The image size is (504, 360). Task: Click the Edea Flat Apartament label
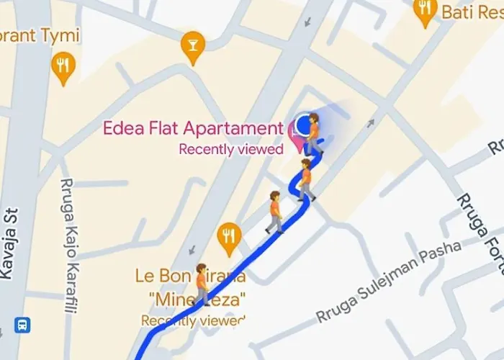(193, 129)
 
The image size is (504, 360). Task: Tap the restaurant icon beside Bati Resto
(426, 11)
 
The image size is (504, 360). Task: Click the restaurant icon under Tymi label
(64, 68)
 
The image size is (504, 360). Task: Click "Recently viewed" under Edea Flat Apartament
(231, 150)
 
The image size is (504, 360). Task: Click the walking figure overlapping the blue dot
(314, 135)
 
